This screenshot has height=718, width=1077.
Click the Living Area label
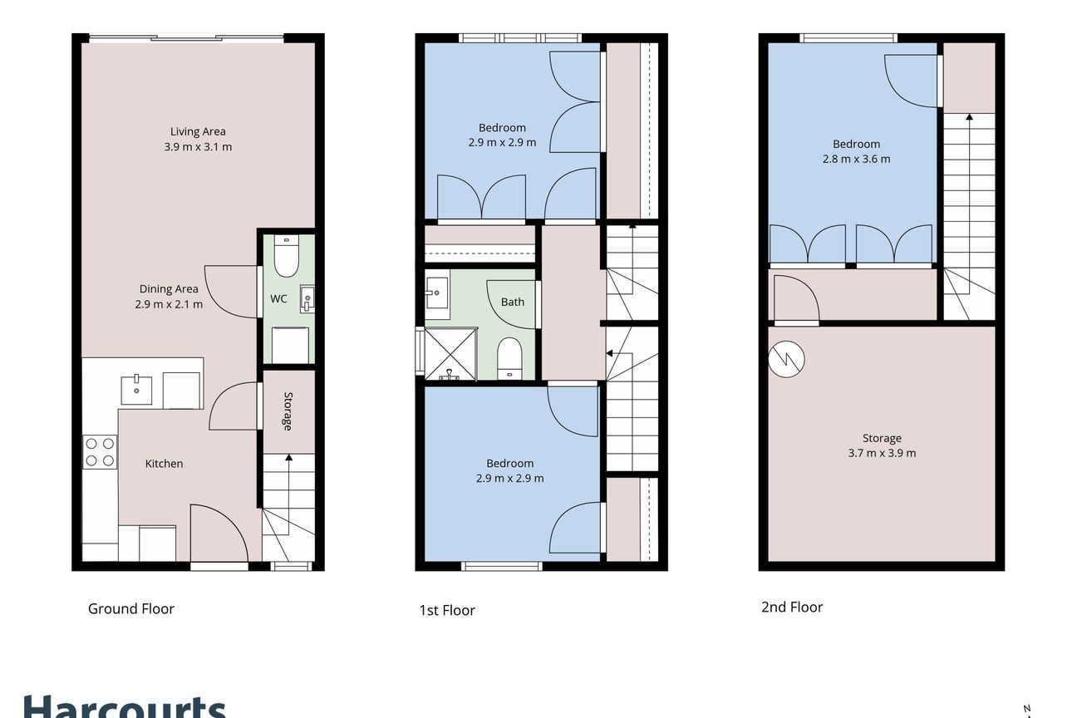click(198, 131)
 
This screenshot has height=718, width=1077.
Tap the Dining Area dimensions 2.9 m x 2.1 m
click(169, 304)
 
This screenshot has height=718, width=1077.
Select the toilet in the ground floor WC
click(287, 256)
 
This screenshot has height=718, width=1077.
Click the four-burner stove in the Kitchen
click(100, 452)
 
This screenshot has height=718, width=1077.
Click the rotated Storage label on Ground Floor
click(288, 411)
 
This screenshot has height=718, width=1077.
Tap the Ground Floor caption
click(130, 609)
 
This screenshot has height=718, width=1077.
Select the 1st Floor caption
click(447, 610)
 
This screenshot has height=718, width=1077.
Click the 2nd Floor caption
click(792, 607)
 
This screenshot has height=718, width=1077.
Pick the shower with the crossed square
click(450, 353)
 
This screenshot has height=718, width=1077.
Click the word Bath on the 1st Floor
click(513, 302)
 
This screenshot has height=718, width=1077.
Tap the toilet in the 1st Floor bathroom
click(509, 359)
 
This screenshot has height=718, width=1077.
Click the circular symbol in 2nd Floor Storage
click(786, 359)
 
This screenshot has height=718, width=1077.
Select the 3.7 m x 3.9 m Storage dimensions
click(882, 453)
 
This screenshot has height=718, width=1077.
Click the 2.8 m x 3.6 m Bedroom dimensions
click(856, 160)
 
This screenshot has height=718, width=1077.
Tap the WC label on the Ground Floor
click(278, 298)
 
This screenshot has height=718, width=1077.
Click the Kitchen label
click(164, 464)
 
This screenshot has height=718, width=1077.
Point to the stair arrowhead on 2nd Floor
click(969, 117)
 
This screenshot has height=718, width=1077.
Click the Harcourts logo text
click(125, 706)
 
